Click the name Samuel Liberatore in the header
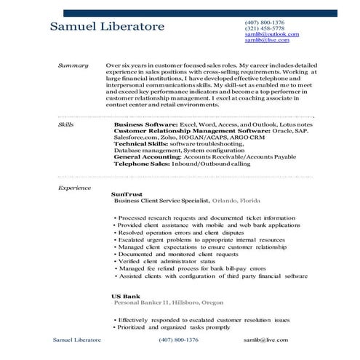tap(108, 28)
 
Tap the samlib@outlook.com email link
tap(271, 34)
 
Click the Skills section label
tap(65, 124)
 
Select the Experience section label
tap(73, 188)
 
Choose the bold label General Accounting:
tap(148, 156)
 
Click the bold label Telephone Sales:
tap(141, 162)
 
